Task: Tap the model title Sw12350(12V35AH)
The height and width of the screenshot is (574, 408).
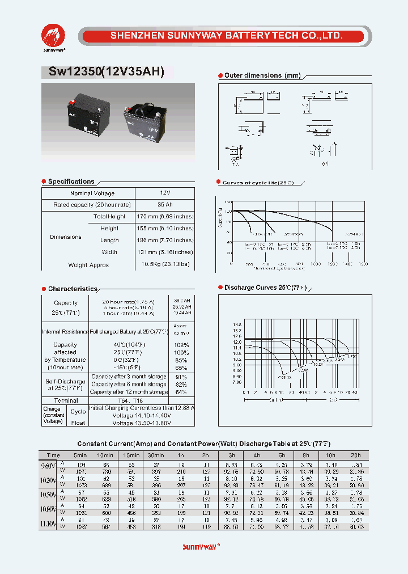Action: tap(103, 72)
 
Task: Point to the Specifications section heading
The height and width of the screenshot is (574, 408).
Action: tap(71, 182)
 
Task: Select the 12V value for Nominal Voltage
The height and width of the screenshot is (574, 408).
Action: tap(165, 193)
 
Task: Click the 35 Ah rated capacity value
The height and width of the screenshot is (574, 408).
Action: tap(165, 205)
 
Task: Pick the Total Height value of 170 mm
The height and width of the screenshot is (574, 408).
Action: tap(165, 217)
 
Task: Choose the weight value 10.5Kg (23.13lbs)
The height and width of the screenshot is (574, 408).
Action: tap(165, 265)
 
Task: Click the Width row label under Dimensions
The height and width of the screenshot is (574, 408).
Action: tap(109, 252)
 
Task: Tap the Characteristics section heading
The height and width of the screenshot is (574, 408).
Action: tap(73, 289)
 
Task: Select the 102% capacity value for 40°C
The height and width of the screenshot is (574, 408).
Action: tap(181, 345)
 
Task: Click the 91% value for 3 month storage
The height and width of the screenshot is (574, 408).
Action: tap(181, 377)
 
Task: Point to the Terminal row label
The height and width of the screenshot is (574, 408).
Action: tap(65, 400)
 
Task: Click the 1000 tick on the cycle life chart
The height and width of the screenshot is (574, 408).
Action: tap(315, 264)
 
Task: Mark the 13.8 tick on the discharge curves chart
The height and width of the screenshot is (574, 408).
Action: tap(237, 326)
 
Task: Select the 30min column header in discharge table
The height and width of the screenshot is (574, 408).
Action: tap(156, 455)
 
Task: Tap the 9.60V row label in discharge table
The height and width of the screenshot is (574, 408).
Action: tap(49, 466)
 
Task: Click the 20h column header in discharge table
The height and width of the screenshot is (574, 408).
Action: tap(355, 455)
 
